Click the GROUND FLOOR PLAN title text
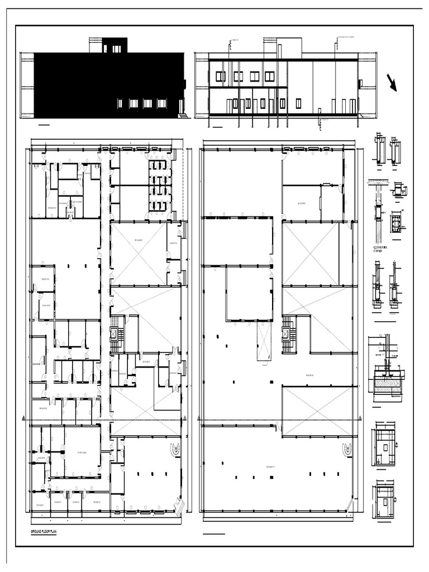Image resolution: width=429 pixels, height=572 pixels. pos(45,533)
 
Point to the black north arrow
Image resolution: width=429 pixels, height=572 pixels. pos(392,82)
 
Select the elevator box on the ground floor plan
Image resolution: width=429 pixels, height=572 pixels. pos(115,334)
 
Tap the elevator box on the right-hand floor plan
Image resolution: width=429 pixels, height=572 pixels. pos(288,334)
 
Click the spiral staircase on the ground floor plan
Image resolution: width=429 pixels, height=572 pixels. pos(175,448)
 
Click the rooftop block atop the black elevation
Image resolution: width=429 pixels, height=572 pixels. pos(115,45)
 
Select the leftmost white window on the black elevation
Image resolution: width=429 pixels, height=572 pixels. pos(120,103)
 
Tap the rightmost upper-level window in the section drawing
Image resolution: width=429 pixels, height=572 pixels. pos(270,76)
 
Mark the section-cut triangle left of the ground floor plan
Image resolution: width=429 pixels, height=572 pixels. pos(23,419)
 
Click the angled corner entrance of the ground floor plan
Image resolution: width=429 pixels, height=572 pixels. pos(179,506)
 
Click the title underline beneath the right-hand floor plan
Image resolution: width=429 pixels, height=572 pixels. pos(214,534)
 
